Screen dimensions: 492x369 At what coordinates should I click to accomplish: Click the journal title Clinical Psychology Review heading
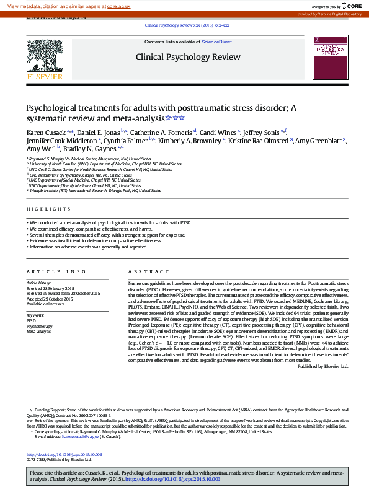tap(188, 57)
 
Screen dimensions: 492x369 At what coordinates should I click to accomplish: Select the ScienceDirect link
tap(216, 42)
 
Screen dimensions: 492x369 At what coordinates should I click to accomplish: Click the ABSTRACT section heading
tap(144, 272)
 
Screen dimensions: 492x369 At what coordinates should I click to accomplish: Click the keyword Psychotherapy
tap(39, 326)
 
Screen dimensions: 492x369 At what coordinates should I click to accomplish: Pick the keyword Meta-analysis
tap(38, 332)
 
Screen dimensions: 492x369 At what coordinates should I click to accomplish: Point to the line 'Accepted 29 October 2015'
tap(50, 299)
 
